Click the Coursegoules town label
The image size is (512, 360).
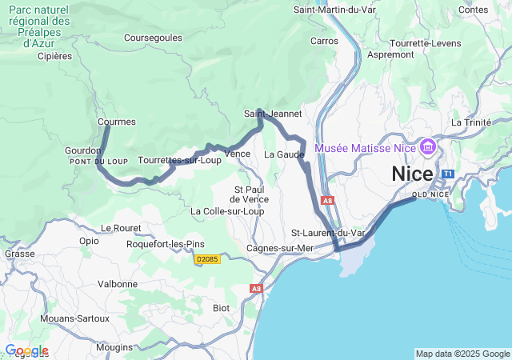(x=153, y=38)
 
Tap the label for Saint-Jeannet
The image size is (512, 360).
(x=273, y=114)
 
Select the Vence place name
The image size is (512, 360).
(x=238, y=154)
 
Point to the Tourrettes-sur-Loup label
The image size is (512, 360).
(x=179, y=160)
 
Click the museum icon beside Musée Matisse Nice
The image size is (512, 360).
(x=428, y=148)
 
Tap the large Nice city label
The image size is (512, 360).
(x=412, y=174)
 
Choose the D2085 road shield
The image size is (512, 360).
(x=207, y=260)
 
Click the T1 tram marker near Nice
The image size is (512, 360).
(x=448, y=174)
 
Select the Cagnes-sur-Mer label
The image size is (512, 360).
(x=279, y=248)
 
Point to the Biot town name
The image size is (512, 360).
(x=221, y=308)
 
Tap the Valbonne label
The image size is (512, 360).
(x=117, y=284)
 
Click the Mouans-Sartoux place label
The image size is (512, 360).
(x=74, y=318)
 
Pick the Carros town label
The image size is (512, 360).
(x=324, y=41)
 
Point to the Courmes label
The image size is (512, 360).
(x=117, y=122)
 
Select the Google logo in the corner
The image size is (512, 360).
(x=26, y=350)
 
